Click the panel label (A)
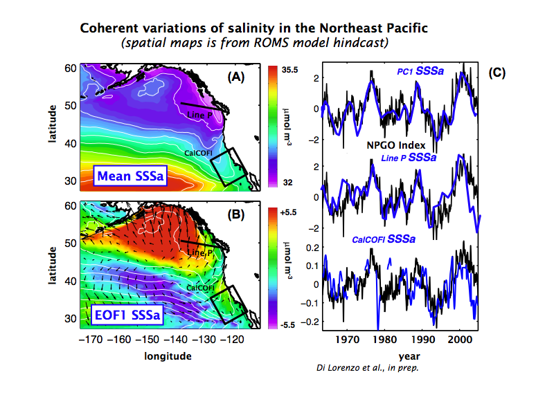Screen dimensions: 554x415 [236, 77]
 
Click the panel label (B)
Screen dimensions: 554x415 [236, 214]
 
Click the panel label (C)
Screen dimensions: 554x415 [497, 73]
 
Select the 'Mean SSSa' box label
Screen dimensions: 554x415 [130, 176]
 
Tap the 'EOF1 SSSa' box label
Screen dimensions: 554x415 [127, 315]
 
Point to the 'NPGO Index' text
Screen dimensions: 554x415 [395, 145]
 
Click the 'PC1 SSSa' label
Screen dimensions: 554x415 [420, 71]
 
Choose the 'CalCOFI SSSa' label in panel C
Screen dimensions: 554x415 [384, 239]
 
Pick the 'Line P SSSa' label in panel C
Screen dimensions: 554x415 [409, 158]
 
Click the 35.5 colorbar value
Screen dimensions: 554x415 [289, 70]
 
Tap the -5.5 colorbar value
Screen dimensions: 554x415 [287, 325]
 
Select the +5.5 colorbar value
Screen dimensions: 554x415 [288, 212]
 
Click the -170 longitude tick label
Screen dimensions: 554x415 [91, 340]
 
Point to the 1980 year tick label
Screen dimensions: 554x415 [385, 340]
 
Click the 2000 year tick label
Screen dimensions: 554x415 [460, 340]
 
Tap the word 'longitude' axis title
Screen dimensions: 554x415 [168, 356]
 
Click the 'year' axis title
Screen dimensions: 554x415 [409, 356]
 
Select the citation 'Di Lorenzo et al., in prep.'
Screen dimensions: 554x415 [368, 368]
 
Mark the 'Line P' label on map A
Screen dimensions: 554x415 [199, 115]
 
